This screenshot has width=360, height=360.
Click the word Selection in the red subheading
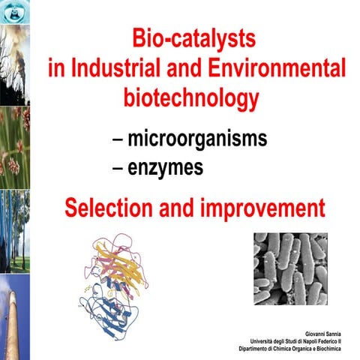coord(120,207)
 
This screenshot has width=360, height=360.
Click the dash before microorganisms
coord(118,140)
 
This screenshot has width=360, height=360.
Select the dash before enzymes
coord(118,169)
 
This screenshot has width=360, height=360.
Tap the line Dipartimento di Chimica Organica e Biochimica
coord(295,349)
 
